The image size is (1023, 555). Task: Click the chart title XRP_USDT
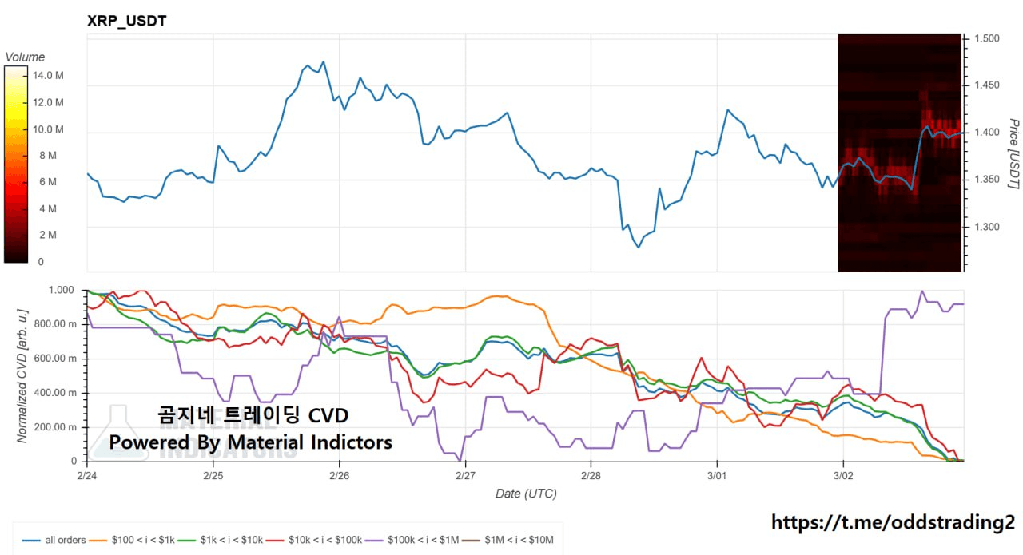point(126,22)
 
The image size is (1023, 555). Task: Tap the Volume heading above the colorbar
point(25,57)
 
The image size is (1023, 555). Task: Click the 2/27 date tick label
point(465,474)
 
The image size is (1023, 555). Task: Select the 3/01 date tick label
point(717,474)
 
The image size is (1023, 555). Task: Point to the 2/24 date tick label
point(87,474)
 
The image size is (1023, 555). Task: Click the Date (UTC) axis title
point(525,494)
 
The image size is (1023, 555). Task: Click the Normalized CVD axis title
point(22,375)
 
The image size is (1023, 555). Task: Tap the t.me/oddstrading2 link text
point(893,522)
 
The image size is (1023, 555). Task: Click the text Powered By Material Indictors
point(250,442)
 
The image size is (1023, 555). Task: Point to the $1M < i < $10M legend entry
point(514,540)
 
